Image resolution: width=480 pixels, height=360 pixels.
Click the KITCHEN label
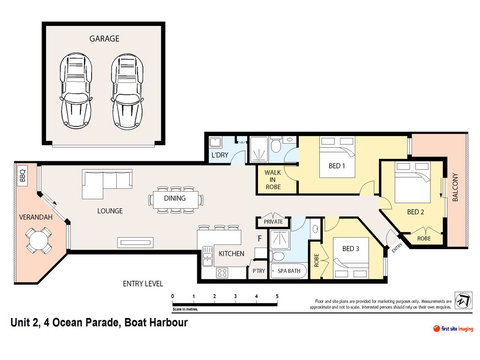(x=232, y=255)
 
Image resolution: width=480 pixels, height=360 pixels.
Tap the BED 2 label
(x=418, y=211)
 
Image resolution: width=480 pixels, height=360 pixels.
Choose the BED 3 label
(x=349, y=247)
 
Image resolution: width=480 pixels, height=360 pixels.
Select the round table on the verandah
(x=39, y=240)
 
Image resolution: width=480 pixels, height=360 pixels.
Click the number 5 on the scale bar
(x=274, y=297)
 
